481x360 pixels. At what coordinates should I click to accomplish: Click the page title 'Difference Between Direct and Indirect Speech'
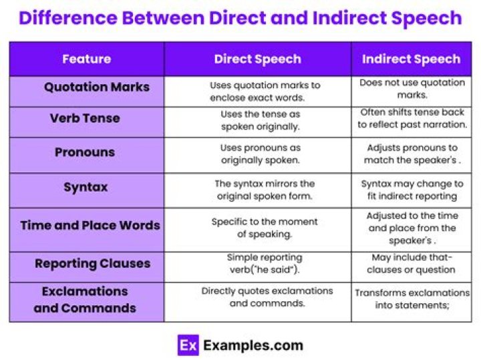tap(240, 17)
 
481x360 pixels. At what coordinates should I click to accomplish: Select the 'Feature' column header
tap(86, 59)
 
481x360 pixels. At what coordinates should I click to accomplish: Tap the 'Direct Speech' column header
tap(257, 59)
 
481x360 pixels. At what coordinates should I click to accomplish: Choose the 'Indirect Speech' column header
tap(411, 59)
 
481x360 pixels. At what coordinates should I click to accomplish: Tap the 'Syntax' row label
tap(86, 187)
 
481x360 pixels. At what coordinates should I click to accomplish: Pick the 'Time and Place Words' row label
tap(90, 225)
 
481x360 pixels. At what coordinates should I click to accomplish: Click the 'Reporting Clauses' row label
tap(92, 263)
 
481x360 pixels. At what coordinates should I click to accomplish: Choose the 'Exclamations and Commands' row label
tap(85, 300)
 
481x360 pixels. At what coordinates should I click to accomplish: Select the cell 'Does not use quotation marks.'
tap(412, 89)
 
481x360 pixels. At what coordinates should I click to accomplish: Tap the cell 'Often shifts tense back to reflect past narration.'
tap(412, 118)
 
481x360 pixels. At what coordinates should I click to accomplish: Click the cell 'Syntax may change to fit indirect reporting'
tap(412, 190)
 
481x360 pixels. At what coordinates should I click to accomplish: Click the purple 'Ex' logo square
tap(188, 345)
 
